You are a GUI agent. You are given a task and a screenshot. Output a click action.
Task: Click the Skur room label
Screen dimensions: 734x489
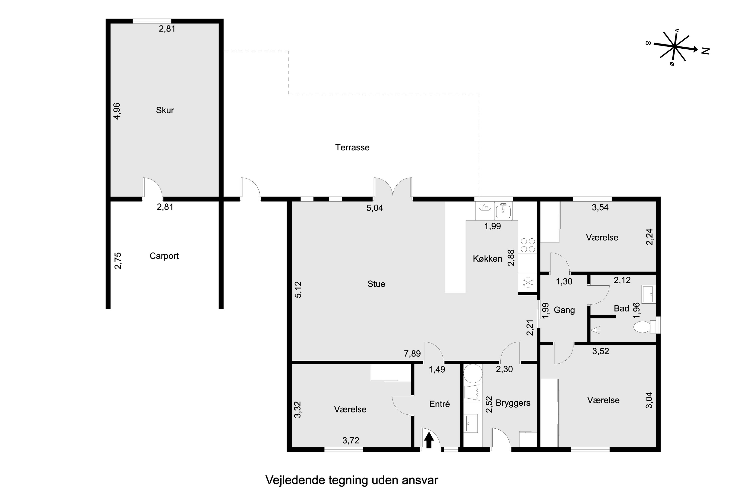[x=165, y=110]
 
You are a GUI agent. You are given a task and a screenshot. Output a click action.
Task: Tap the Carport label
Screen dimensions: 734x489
[x=164, y=256]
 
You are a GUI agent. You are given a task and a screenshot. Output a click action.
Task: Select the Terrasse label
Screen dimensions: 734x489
[x=352, y=147]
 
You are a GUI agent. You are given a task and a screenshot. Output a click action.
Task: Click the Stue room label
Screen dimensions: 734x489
[x=376, y=284]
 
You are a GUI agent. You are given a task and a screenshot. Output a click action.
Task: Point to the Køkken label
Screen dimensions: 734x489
[x=487, y=258]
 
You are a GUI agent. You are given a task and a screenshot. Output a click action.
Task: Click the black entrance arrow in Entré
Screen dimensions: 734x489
[x=429, y=440]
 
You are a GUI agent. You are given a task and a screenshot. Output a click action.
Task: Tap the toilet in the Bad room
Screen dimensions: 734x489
[x=643, y=327]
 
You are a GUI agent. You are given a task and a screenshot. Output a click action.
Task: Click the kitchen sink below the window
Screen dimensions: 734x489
[x=503, y=211]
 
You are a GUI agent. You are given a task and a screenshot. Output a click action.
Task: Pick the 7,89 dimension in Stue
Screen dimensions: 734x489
[x=412, y=354]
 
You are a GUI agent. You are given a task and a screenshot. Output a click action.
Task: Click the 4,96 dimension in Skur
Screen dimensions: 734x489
[x=117, y=111]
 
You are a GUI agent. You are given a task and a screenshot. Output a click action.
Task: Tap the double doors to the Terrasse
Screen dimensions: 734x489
[x=393, y=188]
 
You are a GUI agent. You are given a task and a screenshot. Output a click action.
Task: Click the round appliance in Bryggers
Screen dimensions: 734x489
[x=473, y=373]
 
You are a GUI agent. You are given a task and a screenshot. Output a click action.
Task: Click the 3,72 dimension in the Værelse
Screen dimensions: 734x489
[x=351, y=440]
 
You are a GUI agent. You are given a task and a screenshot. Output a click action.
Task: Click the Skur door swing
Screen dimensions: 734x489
[x=153, y=188]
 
